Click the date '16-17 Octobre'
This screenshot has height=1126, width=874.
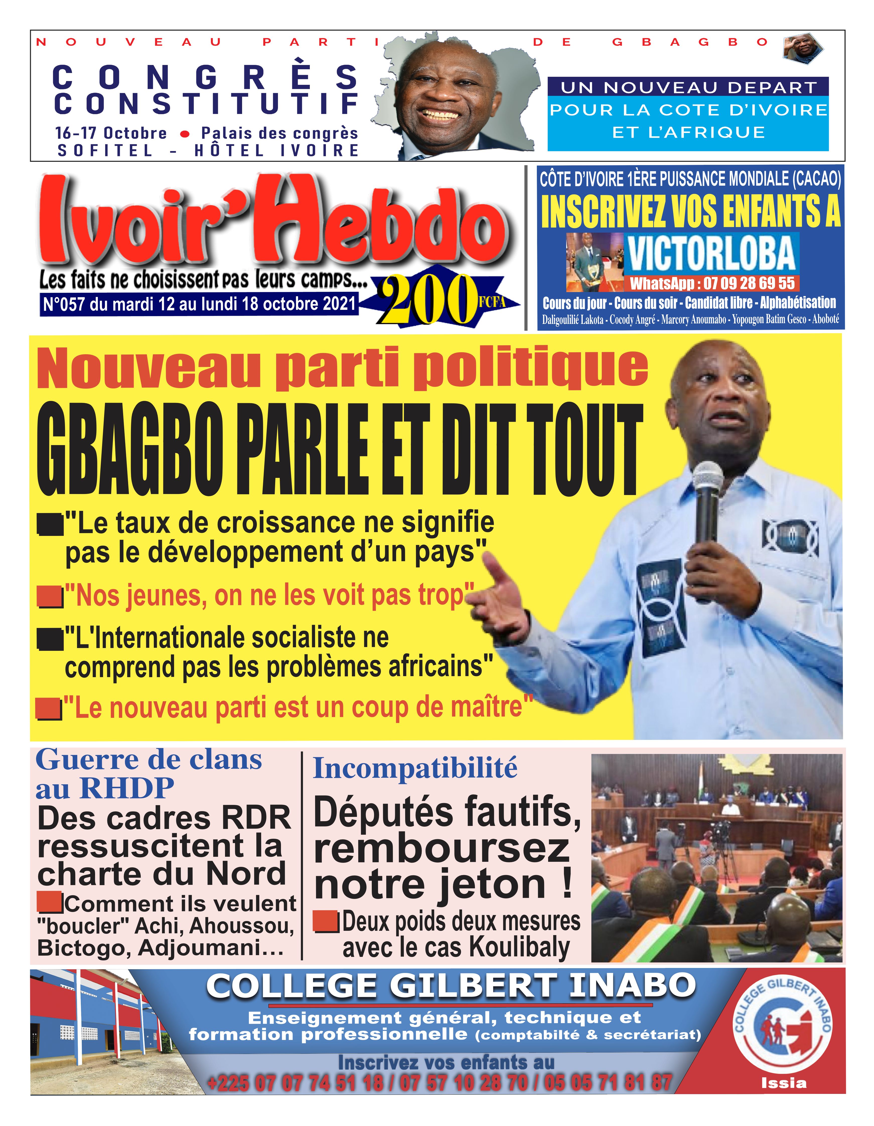(111, 133)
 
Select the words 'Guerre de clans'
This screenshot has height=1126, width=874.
(149, 760)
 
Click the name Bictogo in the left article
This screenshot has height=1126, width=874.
(83, 948)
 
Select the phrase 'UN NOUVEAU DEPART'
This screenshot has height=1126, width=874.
(688, 87)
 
